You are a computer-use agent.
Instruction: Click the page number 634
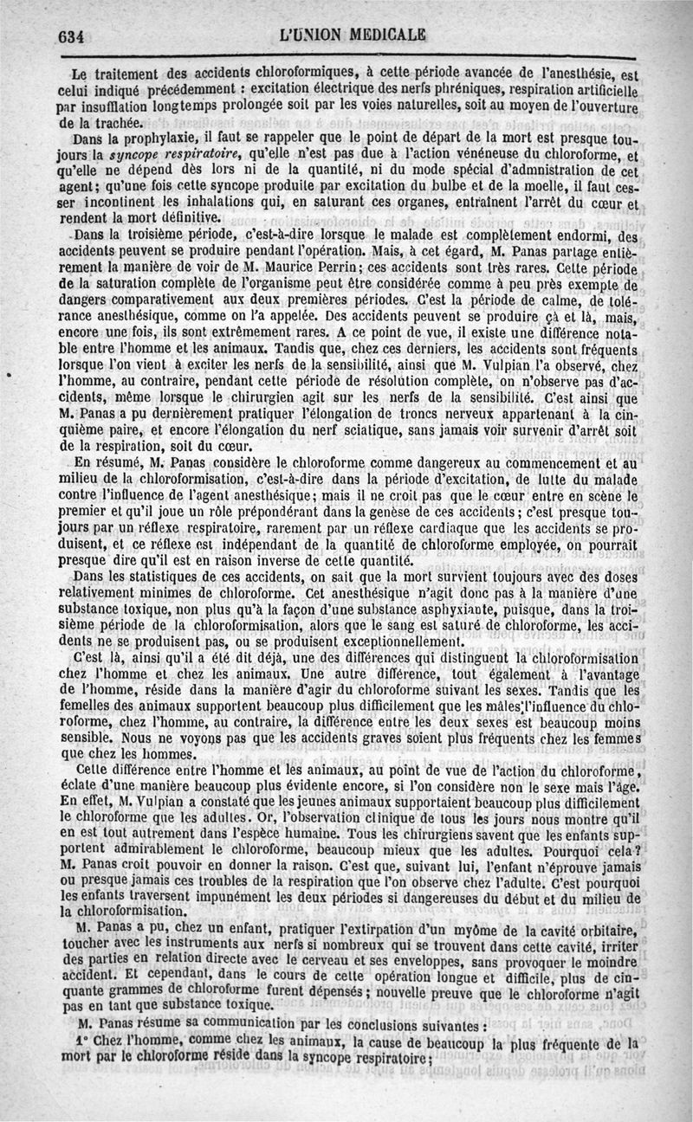(x=69, y=36)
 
